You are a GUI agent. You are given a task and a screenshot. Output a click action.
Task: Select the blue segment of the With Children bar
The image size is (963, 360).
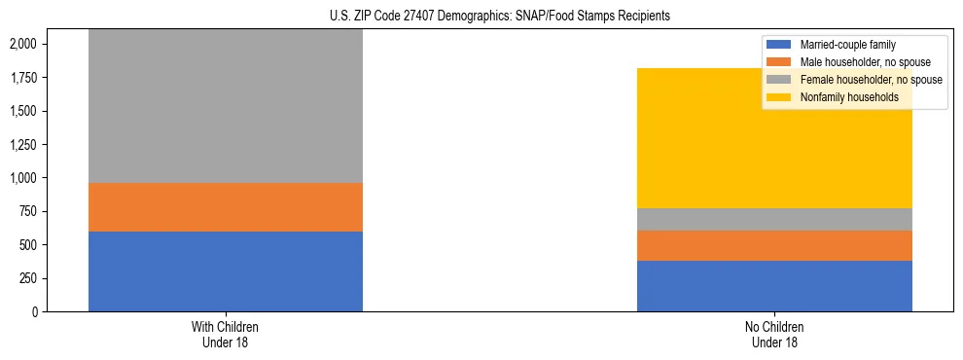pyautogui.click(x=226, y=271)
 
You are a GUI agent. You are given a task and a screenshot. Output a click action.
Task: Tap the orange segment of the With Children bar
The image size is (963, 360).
pyautogui.click(x=226, y=207)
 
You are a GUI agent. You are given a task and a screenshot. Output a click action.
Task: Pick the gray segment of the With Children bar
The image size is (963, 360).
pyautogui.click(x=226, y=106)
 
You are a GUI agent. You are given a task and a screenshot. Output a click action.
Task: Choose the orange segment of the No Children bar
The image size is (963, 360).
pyautogui.click(x=774, y=245)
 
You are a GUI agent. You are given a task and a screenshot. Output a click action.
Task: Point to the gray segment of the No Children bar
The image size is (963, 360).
pyautogui.click(x=774, y=219)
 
